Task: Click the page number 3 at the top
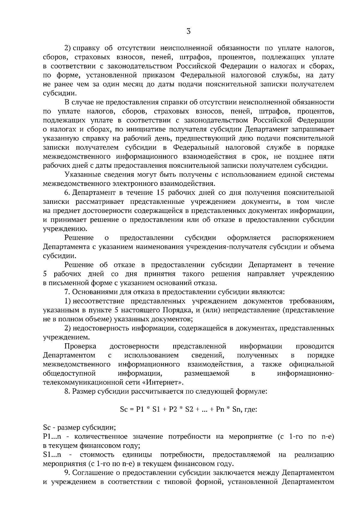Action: click(188, 31)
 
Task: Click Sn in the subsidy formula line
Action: click(237, 409)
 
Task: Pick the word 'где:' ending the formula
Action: click(251, 409)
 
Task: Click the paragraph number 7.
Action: click(67, 292)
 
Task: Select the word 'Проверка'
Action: click(80, 347)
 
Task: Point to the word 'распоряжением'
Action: click(308, 238)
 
